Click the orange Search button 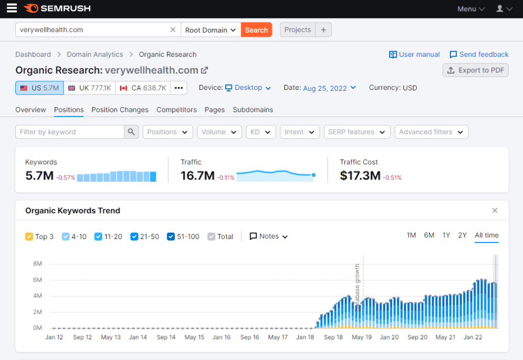click(256, 30)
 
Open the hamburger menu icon click(11, 8)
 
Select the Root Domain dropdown click(210, 30)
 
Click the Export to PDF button click(476, 70)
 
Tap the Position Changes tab click(120, 110)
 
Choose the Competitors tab click(177, 110)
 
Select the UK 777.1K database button click(89, 88)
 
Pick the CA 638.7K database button click(143, 88)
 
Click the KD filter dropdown click(260, 132)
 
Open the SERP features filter click(357, 132)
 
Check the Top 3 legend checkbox click(29, 237)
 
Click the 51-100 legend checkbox click(171, 237)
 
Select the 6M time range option click(429, 235)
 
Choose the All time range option click(486, 235)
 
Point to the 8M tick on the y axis click(37, 264)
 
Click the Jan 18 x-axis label click(305, 338)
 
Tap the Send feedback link click(479, 55)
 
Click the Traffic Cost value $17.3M click(360, 176)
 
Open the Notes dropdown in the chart click(269, 236)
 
